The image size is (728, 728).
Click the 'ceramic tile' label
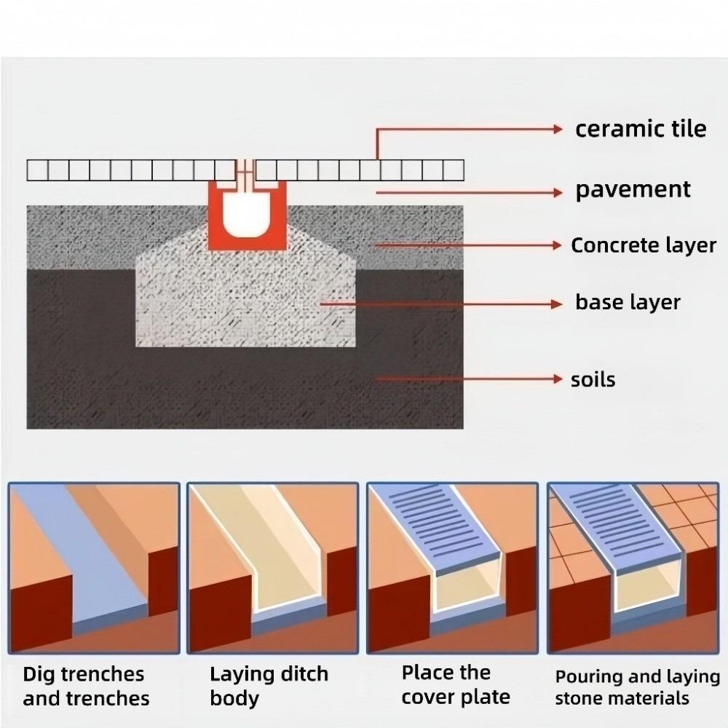click(x=641, y=129)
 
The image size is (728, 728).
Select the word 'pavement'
click(x=633, y=190)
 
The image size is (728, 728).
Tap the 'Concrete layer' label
click(x=644, y=245)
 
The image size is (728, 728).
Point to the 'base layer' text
click(x=628, y=301)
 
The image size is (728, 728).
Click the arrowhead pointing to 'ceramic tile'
click(x=559, y=130)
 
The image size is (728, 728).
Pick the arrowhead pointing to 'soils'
click(x=559, y=379)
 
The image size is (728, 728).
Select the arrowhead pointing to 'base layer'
click(x=559, y=302)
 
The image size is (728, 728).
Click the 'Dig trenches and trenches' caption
click(x=85, y=686)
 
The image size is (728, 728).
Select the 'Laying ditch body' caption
click(x=269, y=686)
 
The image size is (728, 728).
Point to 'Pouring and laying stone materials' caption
click(x=637, y=687)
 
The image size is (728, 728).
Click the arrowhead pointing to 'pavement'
click(x=559, y=192)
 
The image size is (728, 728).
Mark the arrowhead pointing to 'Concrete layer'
click(x=559, y=245)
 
